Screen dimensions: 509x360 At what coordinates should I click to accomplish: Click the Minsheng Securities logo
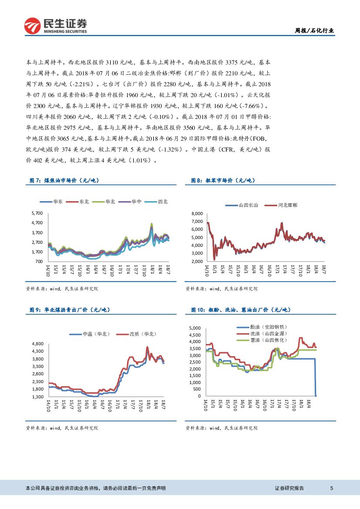[55, 26]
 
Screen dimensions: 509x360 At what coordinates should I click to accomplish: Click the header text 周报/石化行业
[315, 30]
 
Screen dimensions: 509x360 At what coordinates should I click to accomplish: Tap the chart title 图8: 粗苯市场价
[223, 180]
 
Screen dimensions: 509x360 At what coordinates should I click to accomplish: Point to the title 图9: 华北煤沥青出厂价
[70, 310]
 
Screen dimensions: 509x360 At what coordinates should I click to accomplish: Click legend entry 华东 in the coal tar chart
[53, 202]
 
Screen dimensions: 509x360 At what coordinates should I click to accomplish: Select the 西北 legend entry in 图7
[158, 202]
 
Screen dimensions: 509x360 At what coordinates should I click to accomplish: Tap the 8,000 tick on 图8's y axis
[197, 213]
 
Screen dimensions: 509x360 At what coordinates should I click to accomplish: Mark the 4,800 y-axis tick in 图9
[37, 344]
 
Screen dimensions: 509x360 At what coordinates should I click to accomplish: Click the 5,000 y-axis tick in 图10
[194, 328]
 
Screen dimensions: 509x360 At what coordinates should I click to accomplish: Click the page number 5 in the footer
[332, 489]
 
